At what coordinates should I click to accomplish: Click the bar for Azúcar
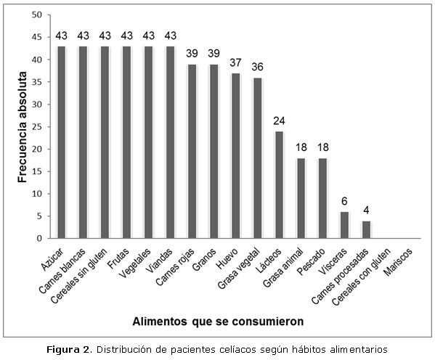(x=61, y=142)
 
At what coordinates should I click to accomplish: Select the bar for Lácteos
(x=279, y=184)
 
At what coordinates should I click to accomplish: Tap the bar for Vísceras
(x=344, y=225)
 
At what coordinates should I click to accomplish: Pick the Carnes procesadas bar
(x=366, y=229)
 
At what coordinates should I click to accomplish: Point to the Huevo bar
(x=235, y=155)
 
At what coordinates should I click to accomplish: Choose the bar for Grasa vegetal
(x=258, y=158)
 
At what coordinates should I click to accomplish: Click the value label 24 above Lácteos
(x=279, y=121)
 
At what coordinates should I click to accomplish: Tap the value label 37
(x=235, y=62)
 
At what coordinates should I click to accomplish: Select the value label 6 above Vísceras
(x=344, y=201)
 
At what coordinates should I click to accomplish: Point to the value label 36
(x=258, y=67)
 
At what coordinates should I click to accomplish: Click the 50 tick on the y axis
(x=36, y=15)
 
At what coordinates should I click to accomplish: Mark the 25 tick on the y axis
(x=36, y=127)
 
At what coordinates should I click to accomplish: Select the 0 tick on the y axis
(x=39, y=239)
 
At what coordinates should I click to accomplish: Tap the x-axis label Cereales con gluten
(x=362, y=277)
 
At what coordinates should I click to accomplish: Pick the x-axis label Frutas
(x=118, y=258)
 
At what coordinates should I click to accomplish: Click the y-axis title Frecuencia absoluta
(x=23, y=127)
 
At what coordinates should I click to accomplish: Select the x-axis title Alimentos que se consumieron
(x=218, y=322)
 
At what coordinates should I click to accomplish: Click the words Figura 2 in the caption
(x=68, y=349)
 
